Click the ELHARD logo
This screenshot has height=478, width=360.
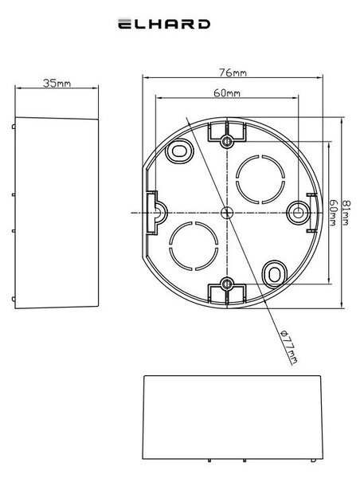(164, 24)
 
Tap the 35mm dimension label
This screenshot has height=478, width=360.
(57, 83)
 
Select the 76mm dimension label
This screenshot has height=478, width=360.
(233, 72)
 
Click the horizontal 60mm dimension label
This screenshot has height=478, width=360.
(227, 92)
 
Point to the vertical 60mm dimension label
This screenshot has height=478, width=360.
(333, 213)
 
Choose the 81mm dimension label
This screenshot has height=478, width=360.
(346, 213)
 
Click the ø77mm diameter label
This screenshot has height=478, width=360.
(288, 347)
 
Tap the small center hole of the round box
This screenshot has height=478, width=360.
(227, 212)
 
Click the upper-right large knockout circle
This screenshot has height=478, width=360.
(260, 179)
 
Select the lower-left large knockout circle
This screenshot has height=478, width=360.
(194, 246)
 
